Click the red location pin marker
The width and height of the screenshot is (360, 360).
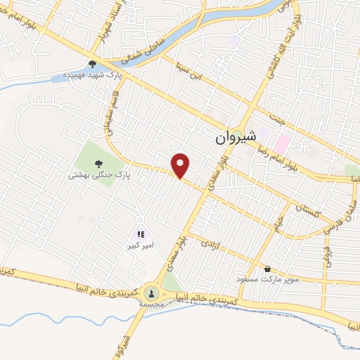181,165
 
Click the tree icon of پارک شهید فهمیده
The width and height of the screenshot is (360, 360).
92,65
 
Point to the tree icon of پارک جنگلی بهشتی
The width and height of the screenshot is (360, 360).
97,162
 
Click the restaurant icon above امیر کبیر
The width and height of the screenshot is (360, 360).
141,234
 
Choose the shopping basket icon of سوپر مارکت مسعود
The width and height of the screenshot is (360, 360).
268,269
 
